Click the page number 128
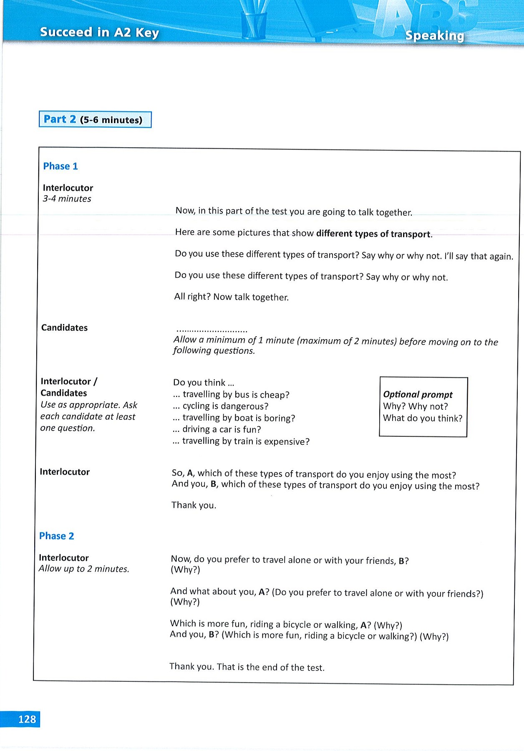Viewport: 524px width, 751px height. click(x=27, y=719)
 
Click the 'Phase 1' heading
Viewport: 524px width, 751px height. click(x=60, y=166)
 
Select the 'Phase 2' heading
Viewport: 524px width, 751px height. click(x=56, y=536)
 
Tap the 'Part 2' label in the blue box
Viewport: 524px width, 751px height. click(x=60, y=119)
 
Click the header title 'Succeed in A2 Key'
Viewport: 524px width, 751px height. click(x=99, y=32)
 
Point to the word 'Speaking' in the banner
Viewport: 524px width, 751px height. click(x=434, y=36)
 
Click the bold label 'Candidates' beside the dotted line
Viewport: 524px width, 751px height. click(x=64, y=328)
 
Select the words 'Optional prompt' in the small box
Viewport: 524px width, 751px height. click(x=418, y=394)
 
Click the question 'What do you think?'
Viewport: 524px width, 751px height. click(x=423, y=418)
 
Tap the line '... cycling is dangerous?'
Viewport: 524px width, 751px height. click(x=220, y=406)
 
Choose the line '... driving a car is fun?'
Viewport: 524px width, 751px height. click(x=217, y=429)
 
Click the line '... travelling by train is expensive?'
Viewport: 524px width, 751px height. click(x=241, y=441)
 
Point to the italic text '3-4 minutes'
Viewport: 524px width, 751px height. click(x=67, y=199)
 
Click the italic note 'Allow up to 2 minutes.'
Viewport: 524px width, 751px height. click(x=84, y=569)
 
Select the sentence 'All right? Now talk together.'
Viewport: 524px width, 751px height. click(x=231, y=297)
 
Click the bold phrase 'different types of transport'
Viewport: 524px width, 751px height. click(x=373, y=234)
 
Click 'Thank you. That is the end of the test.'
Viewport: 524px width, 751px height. click(x=247, y=667)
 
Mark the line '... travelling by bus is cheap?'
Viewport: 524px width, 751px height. click(x=231, y=394)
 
